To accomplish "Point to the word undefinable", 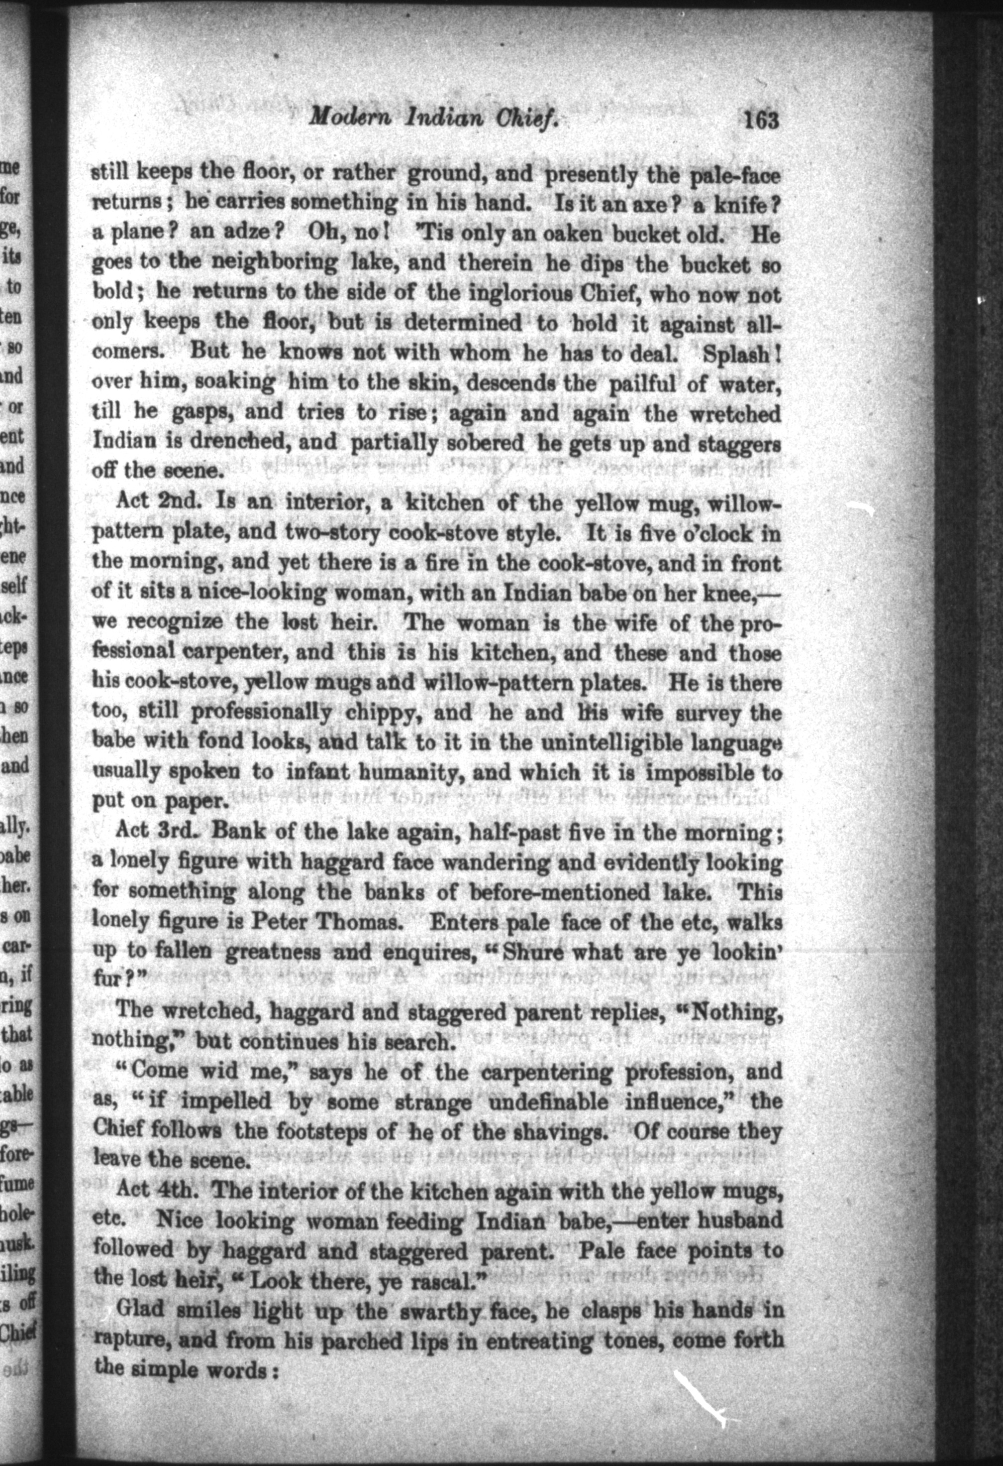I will click(548, 1102).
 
